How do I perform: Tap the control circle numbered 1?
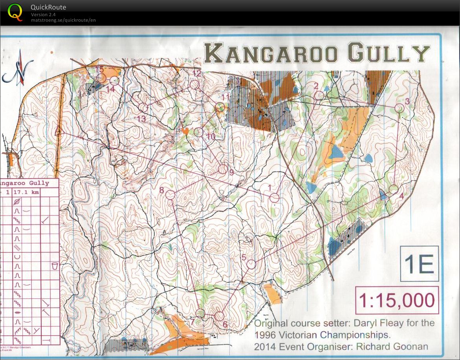pyautogui.click(x=274, y=197)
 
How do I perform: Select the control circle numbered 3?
pyautogui.click(x=399, y=108)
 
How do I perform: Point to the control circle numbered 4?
pyautogui.click(x=393, y=189)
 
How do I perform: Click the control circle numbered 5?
pyautogui.click(x=251, y=264)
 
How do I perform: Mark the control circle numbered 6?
pyautogui.click(x=219, y=316)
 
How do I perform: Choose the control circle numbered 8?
pyautogui.click(x=170, y=194)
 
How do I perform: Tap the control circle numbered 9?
pyautogui.click(x=222, y=169)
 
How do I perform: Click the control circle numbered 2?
pyautogui.click(x=319, y=95)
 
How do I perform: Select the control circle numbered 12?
pyautogui.click(x=194, y=84)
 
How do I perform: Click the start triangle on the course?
pyautogui.click(x=58, y=132)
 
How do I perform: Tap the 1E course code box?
pyautogui.click(x=419, y=265)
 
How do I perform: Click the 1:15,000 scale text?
pyautogui.click(x=396, y=301)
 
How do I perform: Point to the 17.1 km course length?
pyautogui.click(x=26, y=192)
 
